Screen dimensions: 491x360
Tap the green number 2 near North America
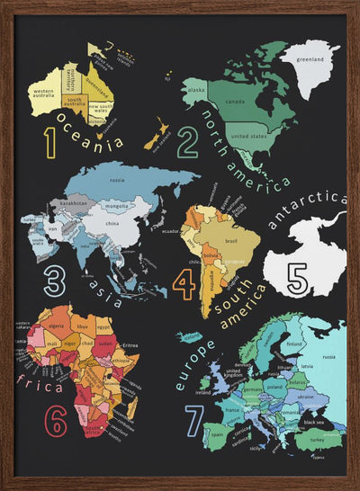point(188,142)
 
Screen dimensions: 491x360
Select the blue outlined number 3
point(55,281)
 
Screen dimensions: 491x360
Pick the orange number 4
point(184,282)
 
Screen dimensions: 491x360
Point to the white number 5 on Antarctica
point(298,277)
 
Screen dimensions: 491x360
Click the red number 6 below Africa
point(56,419)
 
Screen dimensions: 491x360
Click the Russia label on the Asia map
point(117,180)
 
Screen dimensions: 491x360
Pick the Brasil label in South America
point(229,241)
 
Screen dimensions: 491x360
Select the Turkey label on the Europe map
point(316,440)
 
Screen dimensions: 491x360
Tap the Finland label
point(292,344)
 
